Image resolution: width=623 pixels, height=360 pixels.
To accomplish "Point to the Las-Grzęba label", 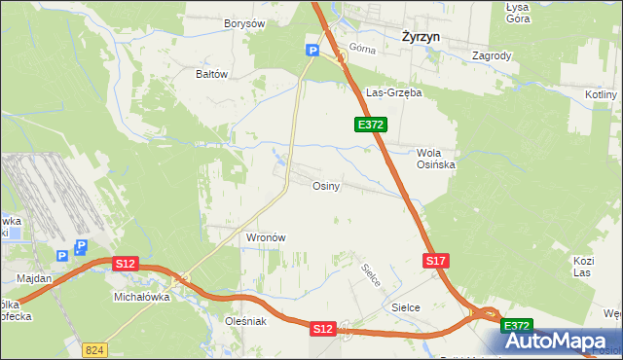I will click(x=392, y=93).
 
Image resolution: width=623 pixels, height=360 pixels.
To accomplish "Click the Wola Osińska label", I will click(x=436, y=159).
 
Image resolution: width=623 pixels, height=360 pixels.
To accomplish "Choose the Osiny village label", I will click(x=325, y=187).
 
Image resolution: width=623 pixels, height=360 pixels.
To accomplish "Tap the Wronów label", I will click(x=265, y=237).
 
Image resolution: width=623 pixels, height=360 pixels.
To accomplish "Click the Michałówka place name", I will click(x=142, y=297).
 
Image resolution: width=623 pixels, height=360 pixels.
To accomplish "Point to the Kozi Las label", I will click(x=583, y=267).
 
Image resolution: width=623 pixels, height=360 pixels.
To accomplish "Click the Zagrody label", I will click(x=492, y=56).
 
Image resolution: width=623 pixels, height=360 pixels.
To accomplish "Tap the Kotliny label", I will click(x=603, y=94).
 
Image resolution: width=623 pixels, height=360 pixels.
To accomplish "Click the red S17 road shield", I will click(x=436, y=261).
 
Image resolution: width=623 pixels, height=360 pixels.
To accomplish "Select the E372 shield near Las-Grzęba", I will click(x=371, y=125).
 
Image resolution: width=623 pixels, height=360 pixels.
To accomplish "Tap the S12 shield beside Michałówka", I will click(x=126, y=264).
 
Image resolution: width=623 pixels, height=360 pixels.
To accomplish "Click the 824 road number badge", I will click(x=94, y=349).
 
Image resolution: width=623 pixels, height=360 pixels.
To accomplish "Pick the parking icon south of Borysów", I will click(x=312, y=51).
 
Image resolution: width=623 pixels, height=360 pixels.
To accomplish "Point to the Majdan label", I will click(x=34, y=278).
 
